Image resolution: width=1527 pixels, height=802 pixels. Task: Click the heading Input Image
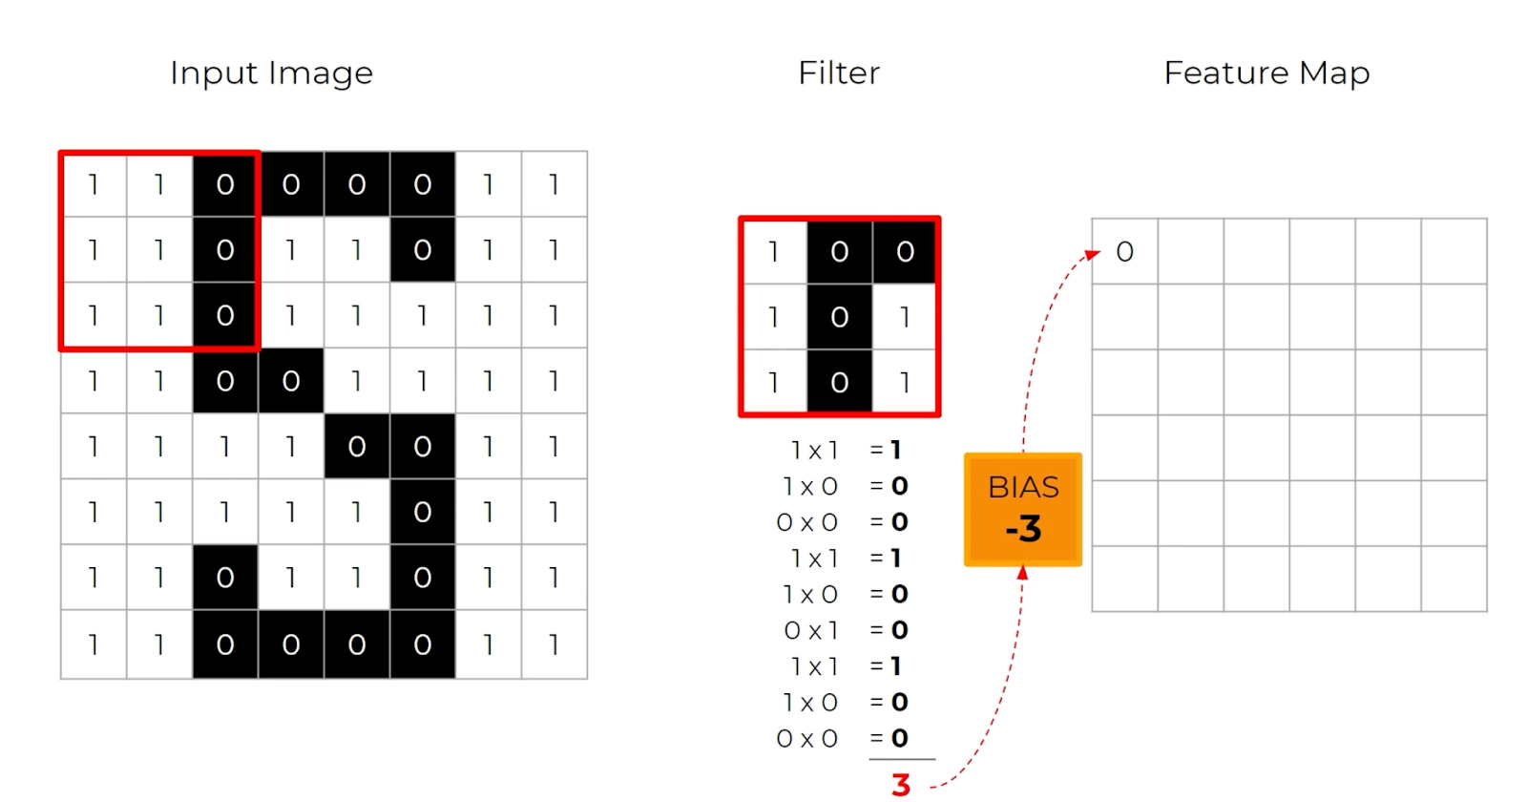(271, 74)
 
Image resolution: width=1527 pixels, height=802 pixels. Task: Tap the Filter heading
(839, 74)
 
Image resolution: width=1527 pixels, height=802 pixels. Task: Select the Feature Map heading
(1266, 74)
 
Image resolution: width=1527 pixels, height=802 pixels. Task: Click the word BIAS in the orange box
(1023, 488)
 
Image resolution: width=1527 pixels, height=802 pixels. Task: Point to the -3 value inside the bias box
(1023, 529)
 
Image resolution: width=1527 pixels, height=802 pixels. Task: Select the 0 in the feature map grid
(1125, 252)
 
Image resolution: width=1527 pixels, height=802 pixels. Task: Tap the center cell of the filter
(840, 317)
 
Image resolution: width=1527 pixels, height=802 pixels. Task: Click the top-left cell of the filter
(774, 252)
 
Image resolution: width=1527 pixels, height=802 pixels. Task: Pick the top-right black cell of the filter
(905, 252)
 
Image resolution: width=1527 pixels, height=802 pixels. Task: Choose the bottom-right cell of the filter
(905, 383)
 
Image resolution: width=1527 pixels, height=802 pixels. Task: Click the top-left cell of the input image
(94, 184)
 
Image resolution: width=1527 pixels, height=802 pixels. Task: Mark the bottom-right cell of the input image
(554, 645)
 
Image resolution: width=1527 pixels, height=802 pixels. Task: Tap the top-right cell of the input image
(554, 184)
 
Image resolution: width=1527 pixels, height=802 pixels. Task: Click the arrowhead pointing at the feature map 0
(1093, 254)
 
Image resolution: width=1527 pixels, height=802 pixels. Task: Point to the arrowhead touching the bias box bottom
(1022, 573)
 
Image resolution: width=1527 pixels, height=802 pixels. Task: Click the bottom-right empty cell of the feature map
(1454, 579)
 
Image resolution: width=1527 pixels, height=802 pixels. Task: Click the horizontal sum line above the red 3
(902, 759)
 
